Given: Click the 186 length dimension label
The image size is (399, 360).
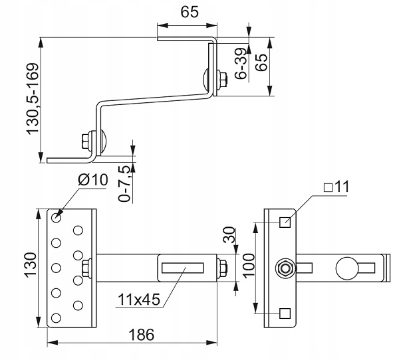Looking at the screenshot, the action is (x=142, y=335).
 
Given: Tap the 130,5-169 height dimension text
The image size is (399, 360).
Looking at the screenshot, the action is (x=33, y=99).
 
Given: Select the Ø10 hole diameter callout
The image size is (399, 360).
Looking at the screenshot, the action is (x=93, y=180).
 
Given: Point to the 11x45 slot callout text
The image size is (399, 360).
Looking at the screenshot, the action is (x=139, y=300).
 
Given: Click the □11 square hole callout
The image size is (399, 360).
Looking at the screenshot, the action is (x=336, y=187).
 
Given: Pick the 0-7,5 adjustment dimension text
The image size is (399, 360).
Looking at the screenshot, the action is (x=125, y=183).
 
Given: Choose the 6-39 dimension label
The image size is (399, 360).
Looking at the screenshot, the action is (x=241, y=64).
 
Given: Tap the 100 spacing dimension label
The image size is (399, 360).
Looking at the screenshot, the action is (x=249, y=265).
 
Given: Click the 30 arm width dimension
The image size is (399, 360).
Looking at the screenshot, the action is (x=229, y=235).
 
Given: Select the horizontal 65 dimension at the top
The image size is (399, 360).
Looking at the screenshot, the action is (x=190, y=12).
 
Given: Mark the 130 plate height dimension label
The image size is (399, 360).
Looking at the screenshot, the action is (x=31, y=264).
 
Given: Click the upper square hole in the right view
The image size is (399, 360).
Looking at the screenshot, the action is (x=285, y=223).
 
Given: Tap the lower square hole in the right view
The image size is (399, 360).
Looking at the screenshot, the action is (x=285, y=314).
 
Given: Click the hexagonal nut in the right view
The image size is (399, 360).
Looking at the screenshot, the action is (x=285, y=268).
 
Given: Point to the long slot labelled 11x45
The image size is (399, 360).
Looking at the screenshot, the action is (x=183, y=268).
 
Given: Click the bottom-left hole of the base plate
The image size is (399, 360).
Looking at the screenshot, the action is (x=56, y=317).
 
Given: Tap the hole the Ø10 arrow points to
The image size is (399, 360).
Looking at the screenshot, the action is (x=56, y=218).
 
